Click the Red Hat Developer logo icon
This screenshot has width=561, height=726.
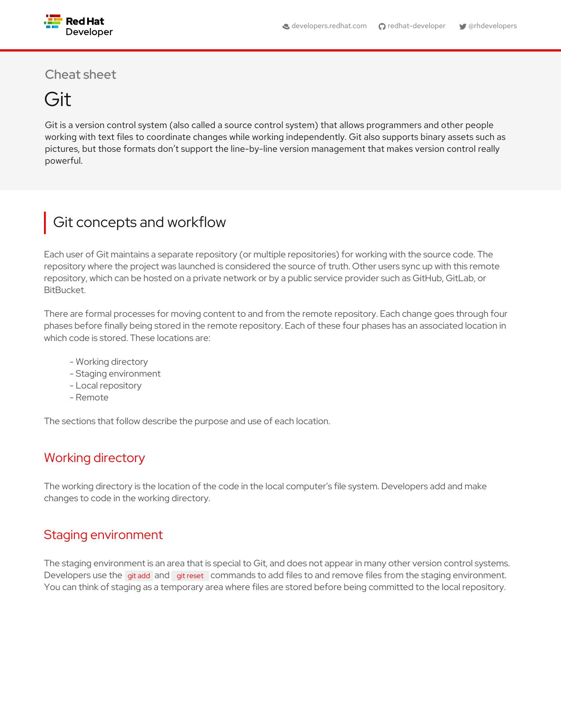(x=53, y=22)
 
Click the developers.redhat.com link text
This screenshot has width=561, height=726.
(x=329, y=26)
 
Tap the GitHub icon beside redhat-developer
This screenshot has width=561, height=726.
(x=382, y=26)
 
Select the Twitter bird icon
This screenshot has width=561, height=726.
(x=463, y=26)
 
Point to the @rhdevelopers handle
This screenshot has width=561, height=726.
(x=492, y=26)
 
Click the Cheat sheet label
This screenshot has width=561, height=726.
(x=81, y=74)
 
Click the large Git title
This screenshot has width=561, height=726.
(x=58, y=99)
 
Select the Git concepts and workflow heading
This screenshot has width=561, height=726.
(x=139, y=222)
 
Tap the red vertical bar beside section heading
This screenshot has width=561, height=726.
(x=45, y=223)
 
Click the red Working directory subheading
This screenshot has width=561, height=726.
(x=94, y=458)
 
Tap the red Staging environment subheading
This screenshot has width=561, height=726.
(x=103, y=535)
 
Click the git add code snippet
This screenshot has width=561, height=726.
(x=139, y=576)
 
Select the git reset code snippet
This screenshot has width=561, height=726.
(x=190, y=576)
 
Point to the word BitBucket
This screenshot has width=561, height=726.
(x=64, y=290)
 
